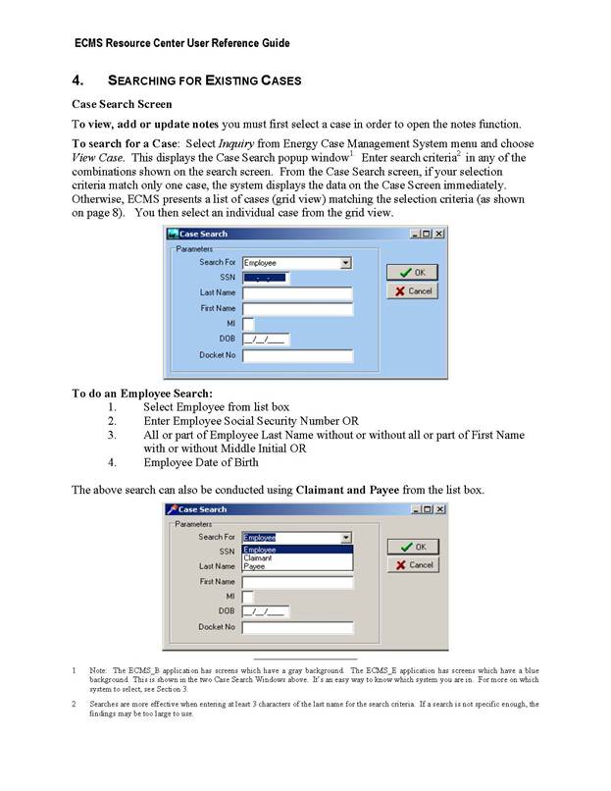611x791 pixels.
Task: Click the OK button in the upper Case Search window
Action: pos(412,272)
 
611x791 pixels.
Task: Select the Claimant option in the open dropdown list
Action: pos(258,558)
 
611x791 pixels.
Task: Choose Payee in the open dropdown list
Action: pos(254,566)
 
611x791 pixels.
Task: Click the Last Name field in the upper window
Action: pos(297,293)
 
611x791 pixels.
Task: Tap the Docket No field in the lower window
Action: pos(297,627)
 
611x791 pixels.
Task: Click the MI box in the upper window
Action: pos(248,324)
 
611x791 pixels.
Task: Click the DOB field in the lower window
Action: pos(265,611)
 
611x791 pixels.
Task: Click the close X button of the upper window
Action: pos(439,234)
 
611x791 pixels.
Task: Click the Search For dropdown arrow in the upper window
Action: pos(345,263)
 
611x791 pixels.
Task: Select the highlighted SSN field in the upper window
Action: pos(265,278)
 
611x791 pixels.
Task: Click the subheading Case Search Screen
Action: pos(122,104)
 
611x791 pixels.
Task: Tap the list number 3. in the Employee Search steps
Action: pos(113,435)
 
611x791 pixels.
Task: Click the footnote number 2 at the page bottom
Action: pos(74,704)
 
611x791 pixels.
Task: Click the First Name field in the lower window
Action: pos(297,582)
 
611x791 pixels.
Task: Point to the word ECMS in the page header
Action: pos(92,43)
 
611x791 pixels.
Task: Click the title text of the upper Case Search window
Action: pos(203,234)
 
